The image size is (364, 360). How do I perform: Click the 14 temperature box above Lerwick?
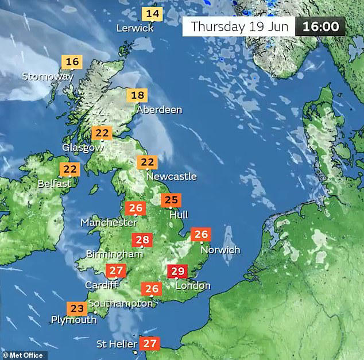click(153, 14)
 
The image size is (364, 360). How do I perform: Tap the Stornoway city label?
click(48, 76)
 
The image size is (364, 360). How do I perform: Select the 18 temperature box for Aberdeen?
click(138, 96)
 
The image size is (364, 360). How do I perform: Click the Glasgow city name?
click(83, 147)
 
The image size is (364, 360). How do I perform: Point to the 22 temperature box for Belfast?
click(70, 169)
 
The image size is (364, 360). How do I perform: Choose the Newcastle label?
click(171, 176)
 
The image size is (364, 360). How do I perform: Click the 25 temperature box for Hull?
click(171, 200)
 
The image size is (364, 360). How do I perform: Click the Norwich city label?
click(220, 250)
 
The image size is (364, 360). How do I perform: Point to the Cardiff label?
click(101, 285)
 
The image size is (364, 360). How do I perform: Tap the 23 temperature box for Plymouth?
click(76, 307)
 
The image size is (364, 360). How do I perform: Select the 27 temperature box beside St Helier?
click(150, 344)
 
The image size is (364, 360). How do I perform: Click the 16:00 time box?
click(320, 26)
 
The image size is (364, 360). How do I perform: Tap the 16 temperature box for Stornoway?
click(72, 61)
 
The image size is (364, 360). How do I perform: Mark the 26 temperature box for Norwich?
click(201, 234)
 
